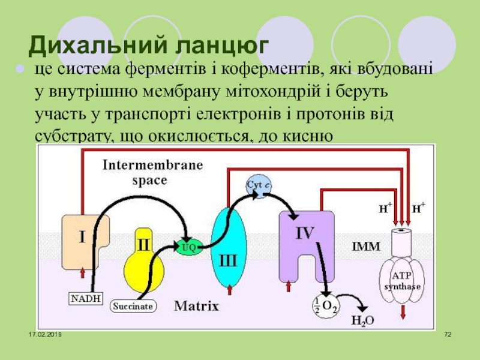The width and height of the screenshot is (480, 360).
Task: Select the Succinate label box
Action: pyautogui.click(x=133, y=306)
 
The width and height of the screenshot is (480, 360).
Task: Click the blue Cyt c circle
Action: pyautogui.click(x=259, y=187)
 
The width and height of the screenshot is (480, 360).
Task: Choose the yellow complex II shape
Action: pyautogui.click(x=144, y=258)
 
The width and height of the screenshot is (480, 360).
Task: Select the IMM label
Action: pyautogui.click(x=362, y=246)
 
